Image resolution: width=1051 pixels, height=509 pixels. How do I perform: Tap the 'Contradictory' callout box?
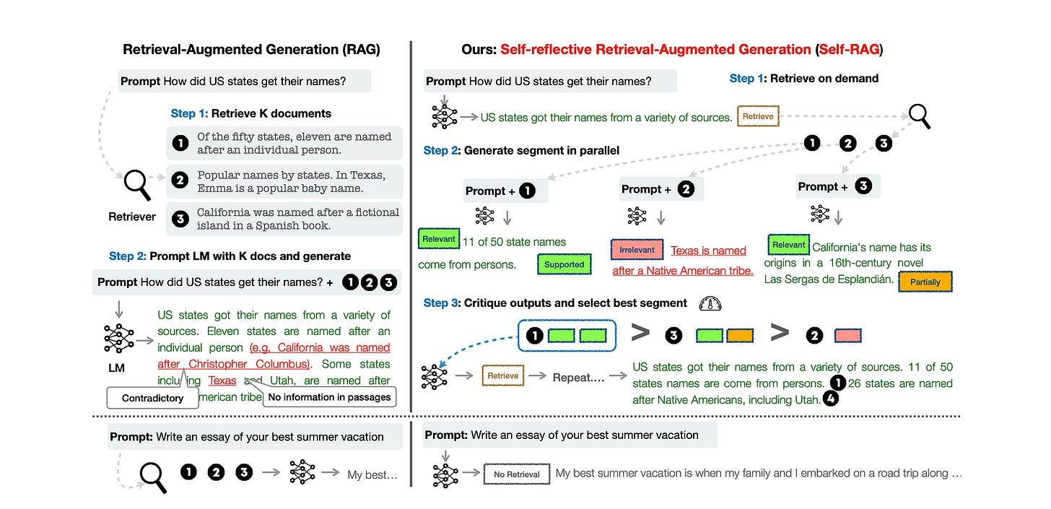tap(152, 398)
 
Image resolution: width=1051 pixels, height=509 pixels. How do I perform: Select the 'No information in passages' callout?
tap(329, 396)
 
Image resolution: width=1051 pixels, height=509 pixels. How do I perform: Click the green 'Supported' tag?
tap(564, 264)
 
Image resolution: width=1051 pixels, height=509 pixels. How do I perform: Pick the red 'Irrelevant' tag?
tap(637, 250)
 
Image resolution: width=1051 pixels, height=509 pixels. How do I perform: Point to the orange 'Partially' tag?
tap(925, 282)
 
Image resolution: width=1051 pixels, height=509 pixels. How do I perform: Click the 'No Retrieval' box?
tap(516, 474)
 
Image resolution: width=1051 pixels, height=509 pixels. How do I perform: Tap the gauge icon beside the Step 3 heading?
tap(710, 304)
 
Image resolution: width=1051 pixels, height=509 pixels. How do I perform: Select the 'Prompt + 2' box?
tap(660, 189)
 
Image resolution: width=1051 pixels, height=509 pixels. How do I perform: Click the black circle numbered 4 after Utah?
tap(831, 399)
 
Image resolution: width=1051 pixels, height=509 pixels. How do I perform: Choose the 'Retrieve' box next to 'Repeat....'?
tap(502, 376)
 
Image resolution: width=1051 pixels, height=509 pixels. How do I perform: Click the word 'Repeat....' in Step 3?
tap(577, 377)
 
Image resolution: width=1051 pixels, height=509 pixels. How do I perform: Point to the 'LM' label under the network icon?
tap(116, 368)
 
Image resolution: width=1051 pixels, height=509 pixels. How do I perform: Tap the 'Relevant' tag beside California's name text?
tap(788, 245)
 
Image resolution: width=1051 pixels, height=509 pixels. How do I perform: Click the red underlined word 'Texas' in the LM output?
tap(222, 380)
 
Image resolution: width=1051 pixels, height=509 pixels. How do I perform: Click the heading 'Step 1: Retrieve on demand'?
tap(803, 78)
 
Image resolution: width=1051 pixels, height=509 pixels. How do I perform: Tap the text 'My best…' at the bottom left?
tap(372, 474)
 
